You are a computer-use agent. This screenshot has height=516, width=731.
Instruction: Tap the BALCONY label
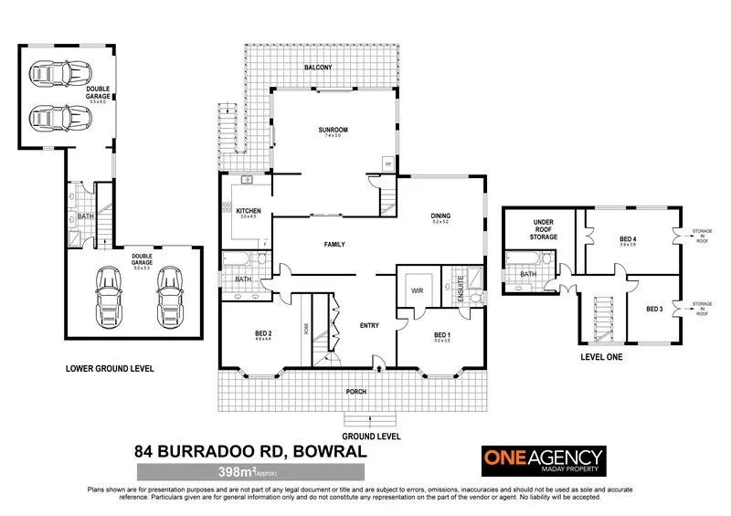(318, 68)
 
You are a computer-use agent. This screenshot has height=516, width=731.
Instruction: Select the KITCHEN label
(249, 211)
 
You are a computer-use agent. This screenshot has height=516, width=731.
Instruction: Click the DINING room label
(441, 216)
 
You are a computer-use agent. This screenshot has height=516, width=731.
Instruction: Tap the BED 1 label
(441, 335)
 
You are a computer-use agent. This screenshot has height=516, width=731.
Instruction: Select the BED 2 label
(264, 334)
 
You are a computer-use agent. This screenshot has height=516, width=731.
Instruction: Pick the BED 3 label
(654, 309)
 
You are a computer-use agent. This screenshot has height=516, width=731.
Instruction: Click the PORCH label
(355, 392)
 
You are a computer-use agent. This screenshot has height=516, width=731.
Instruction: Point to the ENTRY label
(369, 325)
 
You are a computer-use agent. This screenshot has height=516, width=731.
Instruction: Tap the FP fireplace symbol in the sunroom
(387, 164)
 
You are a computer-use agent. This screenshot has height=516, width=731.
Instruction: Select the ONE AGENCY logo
(543, 458)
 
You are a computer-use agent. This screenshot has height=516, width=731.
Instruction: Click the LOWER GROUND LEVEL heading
(109, 369)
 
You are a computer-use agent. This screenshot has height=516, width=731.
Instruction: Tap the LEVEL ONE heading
(601, 357)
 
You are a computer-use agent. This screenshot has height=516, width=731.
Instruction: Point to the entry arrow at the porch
(380, 370)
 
